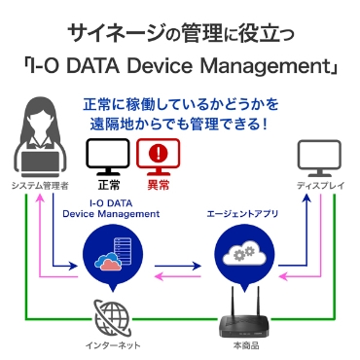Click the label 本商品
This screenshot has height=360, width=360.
(x=239, y=345)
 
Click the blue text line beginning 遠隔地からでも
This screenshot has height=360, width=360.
(x=180, y=125)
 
